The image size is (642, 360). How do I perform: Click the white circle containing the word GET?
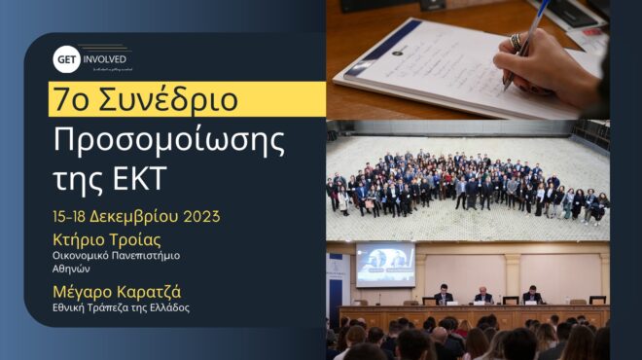point(66,58)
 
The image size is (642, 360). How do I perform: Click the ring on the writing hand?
point(516,42)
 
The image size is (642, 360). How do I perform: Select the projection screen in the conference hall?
point(385,264)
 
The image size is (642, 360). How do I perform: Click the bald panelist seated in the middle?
point(482,294)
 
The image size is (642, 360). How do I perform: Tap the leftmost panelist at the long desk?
point(443,295)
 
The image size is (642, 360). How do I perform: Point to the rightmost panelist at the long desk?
point(531,295)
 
